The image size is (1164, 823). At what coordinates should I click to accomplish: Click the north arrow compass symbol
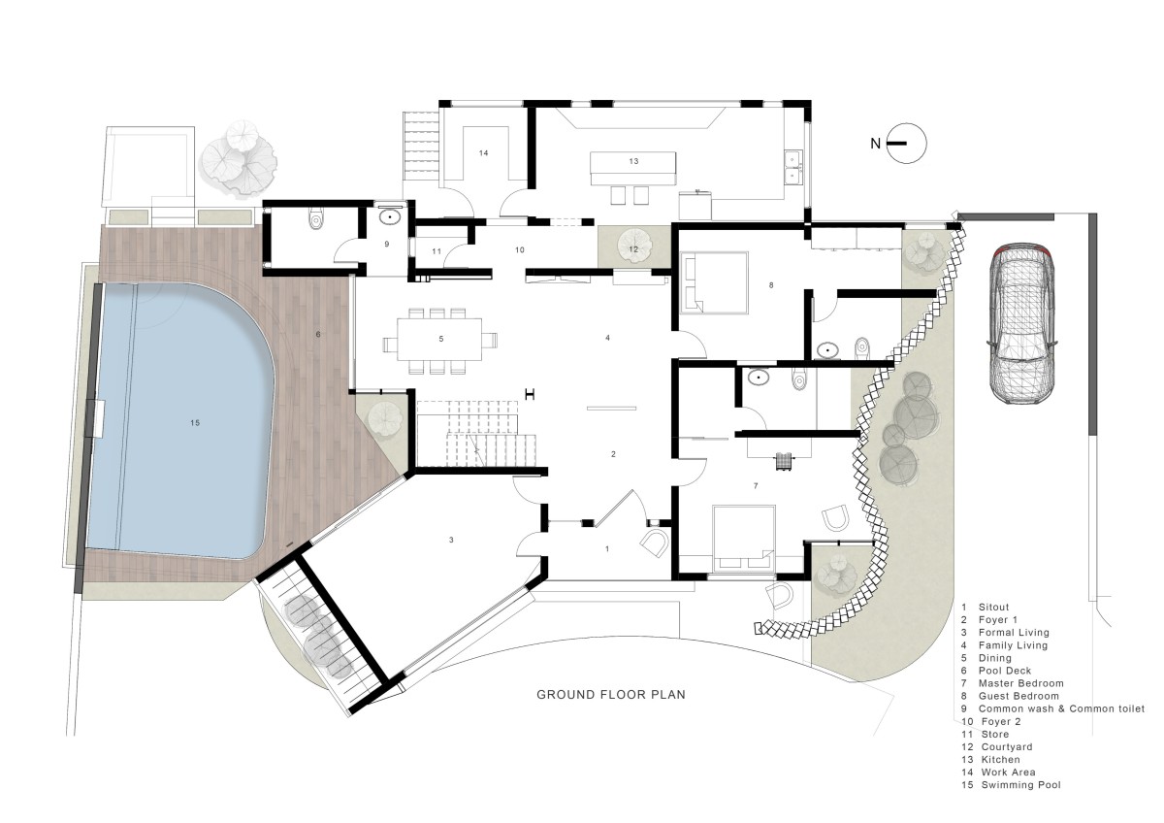(x=906, y=143)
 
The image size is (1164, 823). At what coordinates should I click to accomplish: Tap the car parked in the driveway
(x=1021, y=323)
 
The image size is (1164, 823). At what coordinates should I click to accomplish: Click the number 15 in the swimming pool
(x=195, y=423)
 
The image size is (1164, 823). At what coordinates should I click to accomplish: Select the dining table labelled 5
(x=439, y=339)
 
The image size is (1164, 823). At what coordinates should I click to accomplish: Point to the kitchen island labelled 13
(x=633, y=168)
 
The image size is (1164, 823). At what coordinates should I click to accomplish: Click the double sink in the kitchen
(x=793, y=167)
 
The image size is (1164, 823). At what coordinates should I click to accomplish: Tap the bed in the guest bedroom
(x=714, y=282)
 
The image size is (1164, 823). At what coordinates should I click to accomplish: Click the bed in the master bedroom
(x=744, y=538)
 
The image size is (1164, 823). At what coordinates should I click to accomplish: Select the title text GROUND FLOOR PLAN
(x=611, y=695)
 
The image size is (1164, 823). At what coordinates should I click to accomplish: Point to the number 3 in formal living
(x=451, y=541)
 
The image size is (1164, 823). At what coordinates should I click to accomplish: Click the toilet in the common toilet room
(x=315, y=219)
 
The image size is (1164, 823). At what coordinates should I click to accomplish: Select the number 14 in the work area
(x=484, y=152)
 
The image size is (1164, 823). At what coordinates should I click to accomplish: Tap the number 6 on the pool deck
(x=318, y=334)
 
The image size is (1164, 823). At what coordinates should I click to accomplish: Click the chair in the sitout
(x=654, y=543)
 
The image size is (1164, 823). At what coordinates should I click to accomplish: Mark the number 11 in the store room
(x=436, y=251)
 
